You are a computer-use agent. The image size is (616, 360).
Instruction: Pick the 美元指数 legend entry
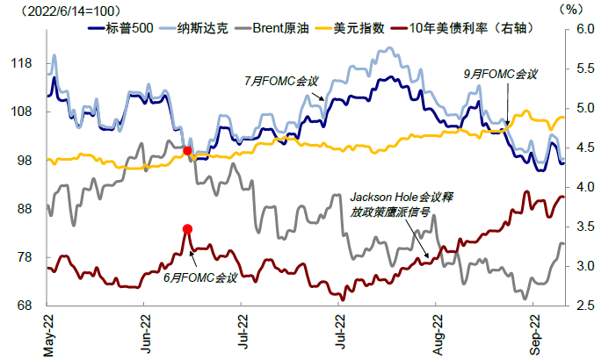(x=359, y=28)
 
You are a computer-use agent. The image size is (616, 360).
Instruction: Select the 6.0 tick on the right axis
(x=586, y=29)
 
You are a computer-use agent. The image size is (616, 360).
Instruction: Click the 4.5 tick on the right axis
(x=586, y=148)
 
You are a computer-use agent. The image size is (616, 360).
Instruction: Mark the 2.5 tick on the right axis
(x=586, y=306)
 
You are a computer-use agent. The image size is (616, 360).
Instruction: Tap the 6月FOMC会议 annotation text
(x=200, y=278)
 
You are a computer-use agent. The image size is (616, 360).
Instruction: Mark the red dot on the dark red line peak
(x=187, y=229)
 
